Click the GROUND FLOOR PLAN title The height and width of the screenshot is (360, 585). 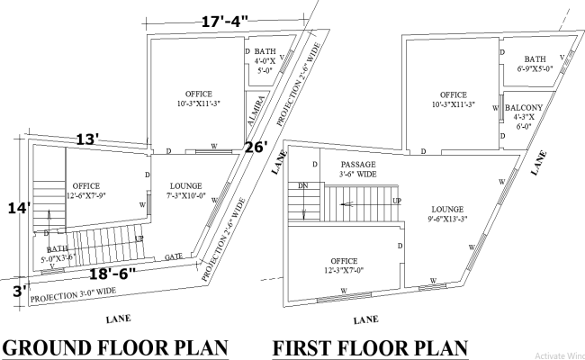[114, 347]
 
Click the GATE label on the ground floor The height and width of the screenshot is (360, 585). [174, 257]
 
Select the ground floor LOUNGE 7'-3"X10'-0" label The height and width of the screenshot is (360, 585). [186, 190]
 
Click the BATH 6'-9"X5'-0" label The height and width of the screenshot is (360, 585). [535, 63]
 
